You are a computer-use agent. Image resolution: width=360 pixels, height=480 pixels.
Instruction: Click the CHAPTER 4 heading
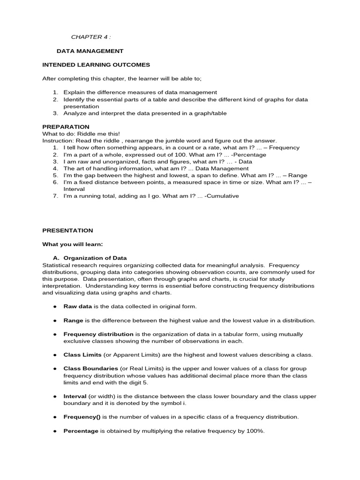coord(91,37)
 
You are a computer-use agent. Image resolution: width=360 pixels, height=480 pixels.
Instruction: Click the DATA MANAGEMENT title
coord(90,51)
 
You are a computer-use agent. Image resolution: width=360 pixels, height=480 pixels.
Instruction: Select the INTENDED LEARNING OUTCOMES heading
coord(96,65)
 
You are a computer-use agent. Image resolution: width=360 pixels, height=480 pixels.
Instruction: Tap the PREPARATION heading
coord(66,127)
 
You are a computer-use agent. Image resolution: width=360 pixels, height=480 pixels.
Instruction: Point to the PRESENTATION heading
coord(67,230)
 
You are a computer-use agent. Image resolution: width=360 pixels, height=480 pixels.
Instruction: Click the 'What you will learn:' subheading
coord(73,244)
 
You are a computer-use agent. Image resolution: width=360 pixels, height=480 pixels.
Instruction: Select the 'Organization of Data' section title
coord(95,258)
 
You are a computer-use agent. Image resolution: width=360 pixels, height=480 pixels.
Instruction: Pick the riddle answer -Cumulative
coord(222,196)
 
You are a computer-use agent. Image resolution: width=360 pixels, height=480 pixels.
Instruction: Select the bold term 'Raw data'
coord(78,306)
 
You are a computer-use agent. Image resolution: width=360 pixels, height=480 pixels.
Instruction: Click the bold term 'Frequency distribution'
coord(98,334)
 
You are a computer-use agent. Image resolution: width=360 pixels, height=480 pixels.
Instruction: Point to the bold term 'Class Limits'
coord(82,355)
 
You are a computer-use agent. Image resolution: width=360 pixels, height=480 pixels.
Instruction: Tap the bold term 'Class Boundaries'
coord(91,369)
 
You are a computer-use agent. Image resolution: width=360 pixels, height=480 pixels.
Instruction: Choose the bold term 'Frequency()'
coord(82,417)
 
